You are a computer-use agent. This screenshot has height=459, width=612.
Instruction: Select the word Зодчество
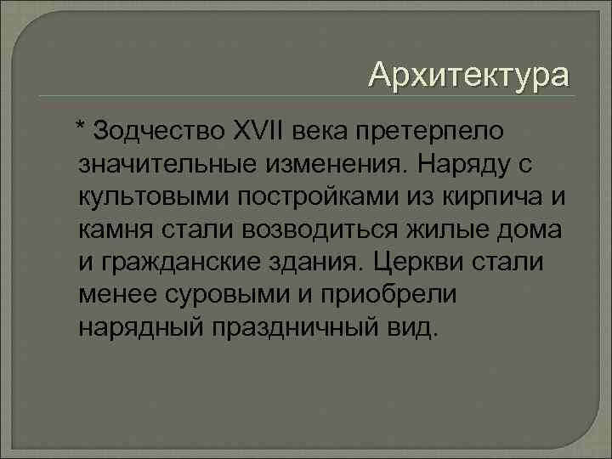tap(159, 132)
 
